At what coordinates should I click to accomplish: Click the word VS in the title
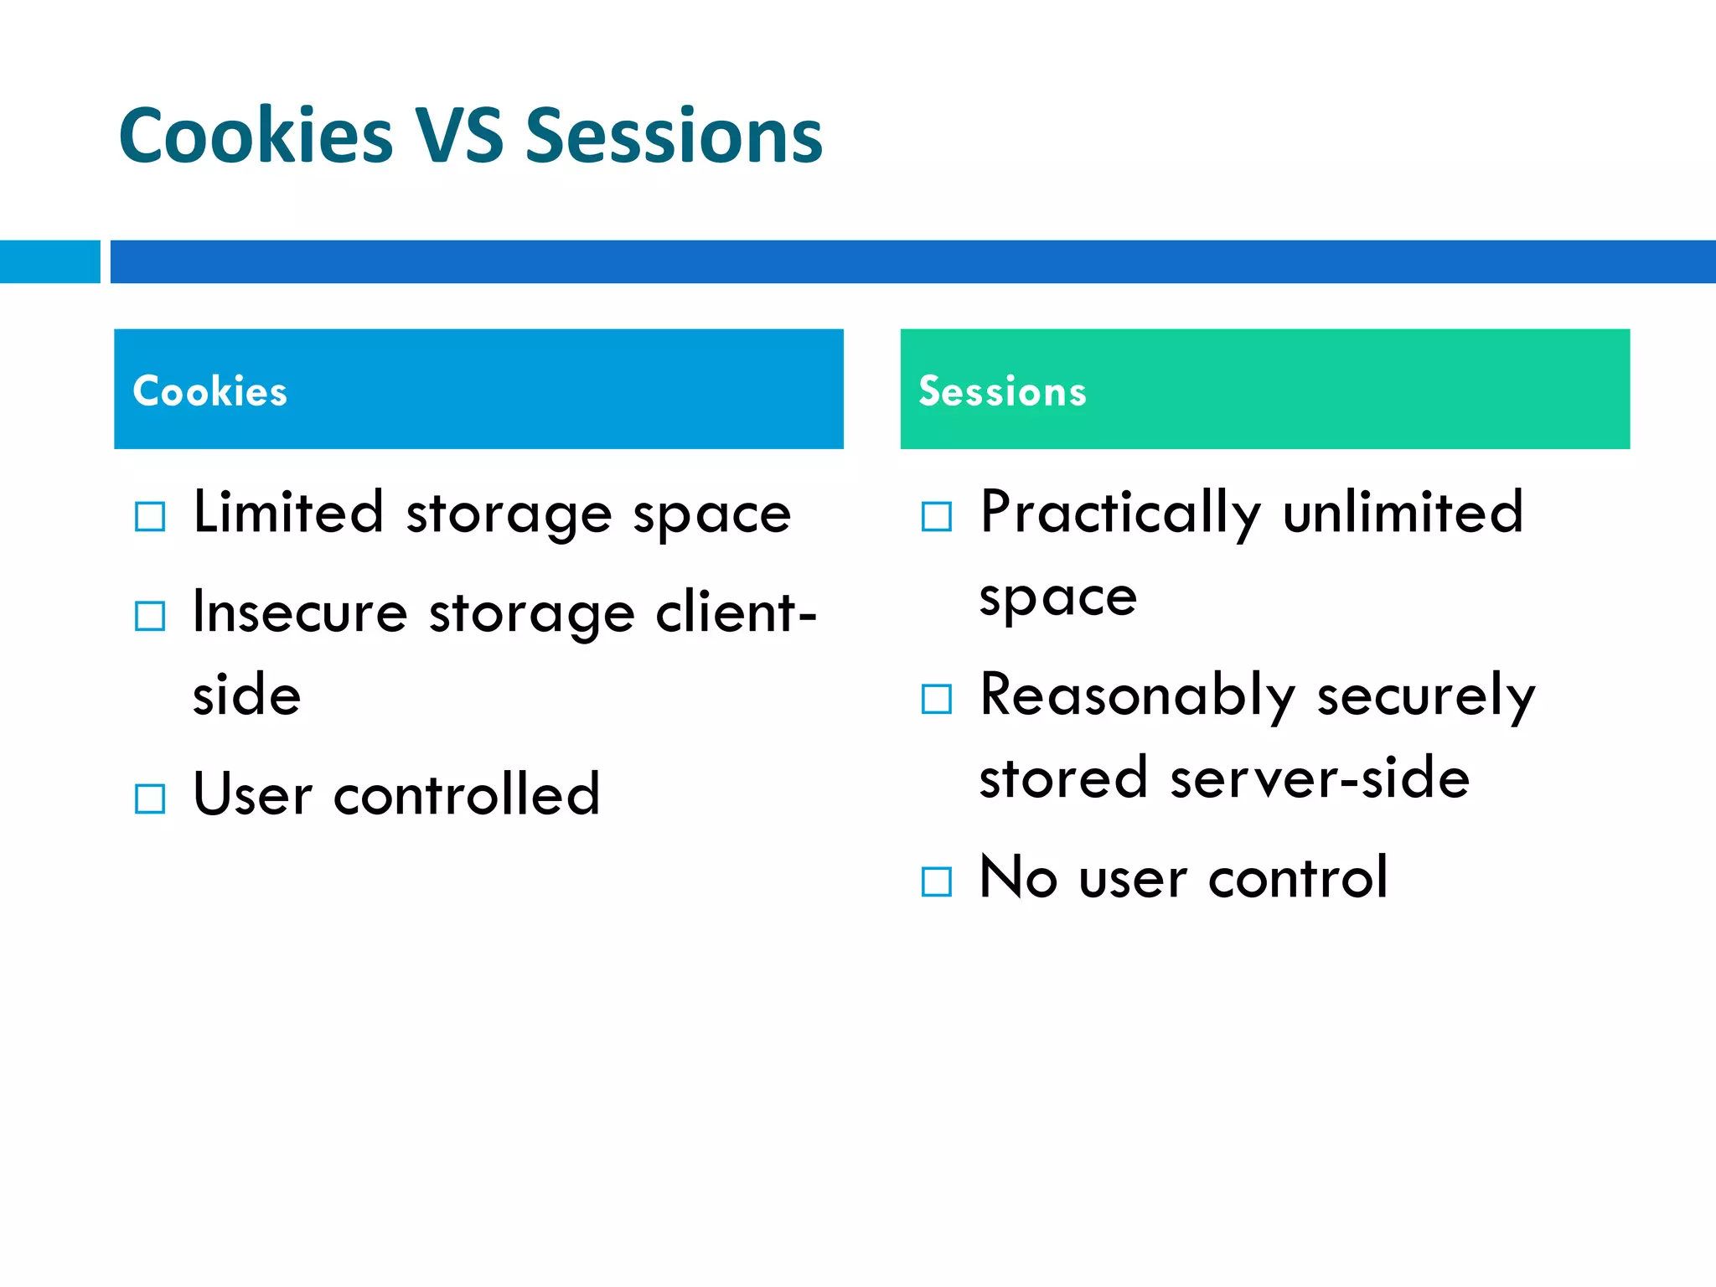pos(459,136)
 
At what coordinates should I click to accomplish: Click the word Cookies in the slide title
pos(256,136)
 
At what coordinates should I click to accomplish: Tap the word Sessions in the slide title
pos(674,136)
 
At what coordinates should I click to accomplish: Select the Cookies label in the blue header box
pos(210,391)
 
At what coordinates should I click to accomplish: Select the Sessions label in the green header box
pos(1002,391)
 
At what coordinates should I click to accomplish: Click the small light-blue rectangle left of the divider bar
pos(49,261)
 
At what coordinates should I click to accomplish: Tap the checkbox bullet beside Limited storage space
pos(150,517)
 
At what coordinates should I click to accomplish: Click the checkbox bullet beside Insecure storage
pos(150,617)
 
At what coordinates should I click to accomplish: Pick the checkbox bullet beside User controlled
pos(150,799)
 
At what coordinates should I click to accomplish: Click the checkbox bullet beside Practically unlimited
pos(936,517)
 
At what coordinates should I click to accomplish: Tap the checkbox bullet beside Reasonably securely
pos(936,699)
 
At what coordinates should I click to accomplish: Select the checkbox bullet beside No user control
pos(936,881)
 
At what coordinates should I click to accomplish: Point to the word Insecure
pos(300,612)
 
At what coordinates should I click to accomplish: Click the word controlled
pos(467,793)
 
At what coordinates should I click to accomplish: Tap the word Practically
pos(1119,513)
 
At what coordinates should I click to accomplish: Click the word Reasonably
pos(1137,695)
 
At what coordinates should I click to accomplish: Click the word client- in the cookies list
pos(736,612)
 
